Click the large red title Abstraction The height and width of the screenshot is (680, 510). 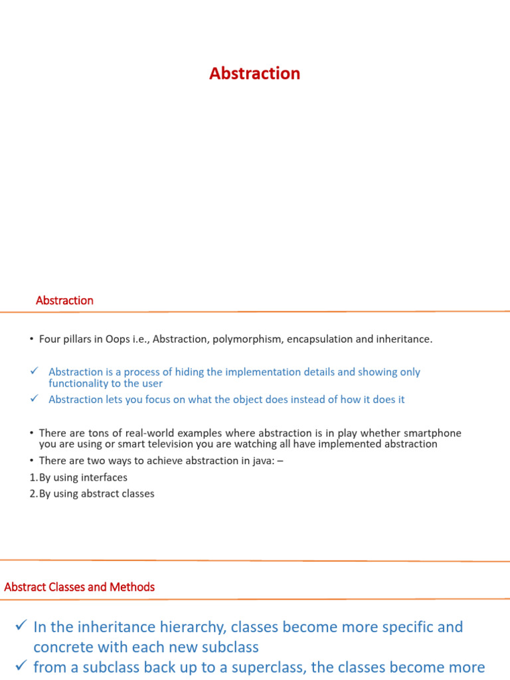pos(254,74)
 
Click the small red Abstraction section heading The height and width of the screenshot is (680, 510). pos(64,300)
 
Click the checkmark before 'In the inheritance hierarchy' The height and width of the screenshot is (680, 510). pos(21,626)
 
